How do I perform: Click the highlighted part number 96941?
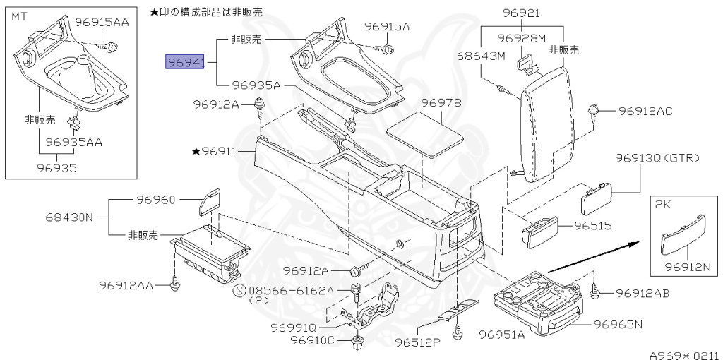184,62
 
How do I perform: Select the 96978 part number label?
441,103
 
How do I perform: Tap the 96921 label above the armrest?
522,13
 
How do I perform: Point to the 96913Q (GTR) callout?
657,158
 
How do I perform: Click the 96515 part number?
593,225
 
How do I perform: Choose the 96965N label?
618,325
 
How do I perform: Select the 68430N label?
69,217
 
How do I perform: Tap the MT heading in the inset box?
19,17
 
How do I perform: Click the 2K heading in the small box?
663,204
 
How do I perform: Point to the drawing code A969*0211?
686,355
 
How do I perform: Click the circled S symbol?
240,291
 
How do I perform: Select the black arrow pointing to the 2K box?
593,257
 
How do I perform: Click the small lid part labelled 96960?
209,202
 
